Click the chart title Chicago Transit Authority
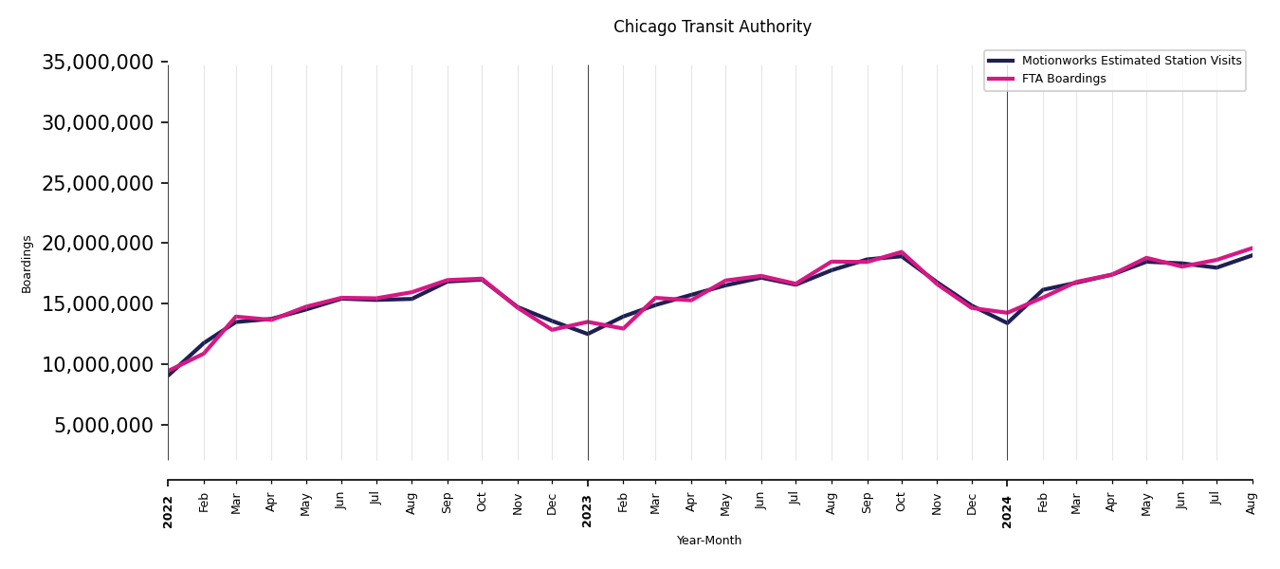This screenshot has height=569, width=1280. (x=712, y=28)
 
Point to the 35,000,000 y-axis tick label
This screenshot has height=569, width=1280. (x=98, y=63)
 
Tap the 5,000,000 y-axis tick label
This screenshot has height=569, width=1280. (x=104, y=425)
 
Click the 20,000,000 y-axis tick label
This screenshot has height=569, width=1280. (x=98, y=244)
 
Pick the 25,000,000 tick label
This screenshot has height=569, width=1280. (x=98, y=183)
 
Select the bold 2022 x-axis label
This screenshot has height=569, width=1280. (x=168, y=511)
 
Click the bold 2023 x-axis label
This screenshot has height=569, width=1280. (x=588, y=511)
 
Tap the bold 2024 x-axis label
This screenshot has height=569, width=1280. (x=1007, y=511)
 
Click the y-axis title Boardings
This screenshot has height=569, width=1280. (x=27, y=264)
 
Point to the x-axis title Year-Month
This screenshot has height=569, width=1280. (x=709, y=541)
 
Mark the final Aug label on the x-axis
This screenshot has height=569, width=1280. (x=1252, y=503)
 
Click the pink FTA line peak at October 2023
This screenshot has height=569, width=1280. (x=902, y=252)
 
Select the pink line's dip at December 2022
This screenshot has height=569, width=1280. (x=552, y=329)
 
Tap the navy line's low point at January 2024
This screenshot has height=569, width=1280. (x=1007, y=323)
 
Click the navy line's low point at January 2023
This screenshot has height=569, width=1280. (x=588, y=334)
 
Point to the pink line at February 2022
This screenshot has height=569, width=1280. (x=204, y=354)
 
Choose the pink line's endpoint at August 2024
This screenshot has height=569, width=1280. (x=1252, y=248)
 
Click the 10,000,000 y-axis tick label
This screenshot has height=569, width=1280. (x=98, y=364)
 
